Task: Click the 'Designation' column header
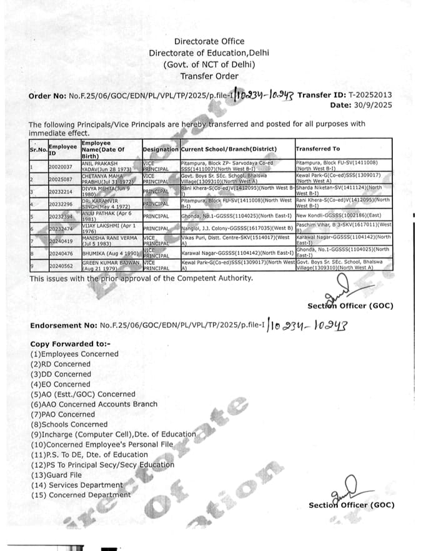pyautogui.click(x=160, y=149)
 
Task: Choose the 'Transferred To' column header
pyautogui.click(x=318, y=149)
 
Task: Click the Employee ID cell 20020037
pyautogui.click(x=61, y=167)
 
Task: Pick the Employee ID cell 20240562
pyautogui.click(x=61, y=266)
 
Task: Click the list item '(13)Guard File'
pyautogui.click(x=56, y=475)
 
